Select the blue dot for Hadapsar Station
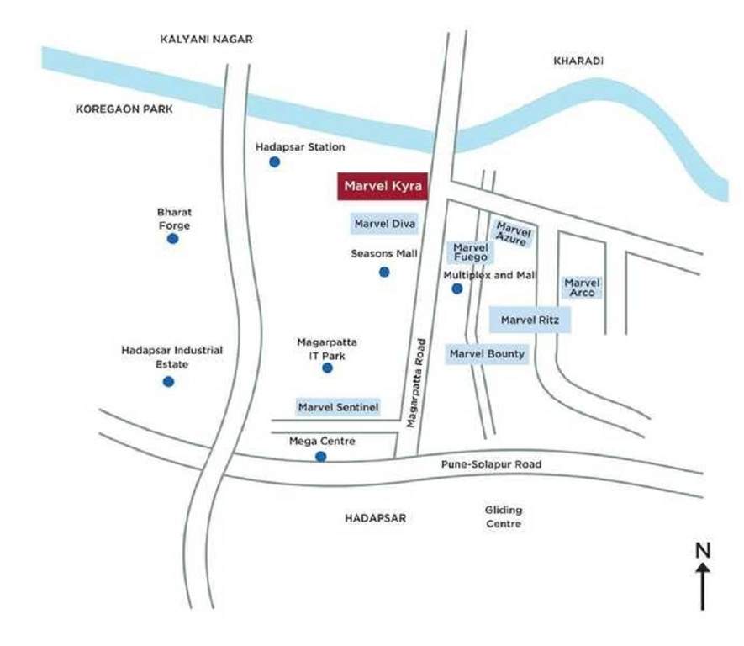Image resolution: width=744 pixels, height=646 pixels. point(274,161)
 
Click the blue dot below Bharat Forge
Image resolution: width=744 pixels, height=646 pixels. point(172,239)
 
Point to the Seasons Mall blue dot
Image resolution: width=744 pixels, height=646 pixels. point(384,272)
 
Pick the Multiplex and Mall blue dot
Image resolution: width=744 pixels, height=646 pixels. point(456,289)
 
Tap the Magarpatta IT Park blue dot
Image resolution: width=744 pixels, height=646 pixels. point(327,368)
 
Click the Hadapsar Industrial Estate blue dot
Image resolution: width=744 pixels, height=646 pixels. point(168,381)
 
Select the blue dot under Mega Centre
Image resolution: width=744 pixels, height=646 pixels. point(320,457)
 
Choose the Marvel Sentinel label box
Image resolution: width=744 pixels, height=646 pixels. point(339,408)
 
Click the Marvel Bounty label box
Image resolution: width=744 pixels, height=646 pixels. point(487,354)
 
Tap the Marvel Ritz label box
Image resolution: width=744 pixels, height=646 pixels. point(530,320)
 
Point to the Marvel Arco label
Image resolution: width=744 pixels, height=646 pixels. point(582,288)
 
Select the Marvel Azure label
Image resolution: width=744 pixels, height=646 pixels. point(513,233)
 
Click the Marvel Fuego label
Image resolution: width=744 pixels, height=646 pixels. point(471,252)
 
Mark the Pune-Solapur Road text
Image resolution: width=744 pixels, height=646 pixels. point(492,464)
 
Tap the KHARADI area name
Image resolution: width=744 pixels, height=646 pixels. point(578,61)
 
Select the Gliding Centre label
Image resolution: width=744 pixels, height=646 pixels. point(504,516)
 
